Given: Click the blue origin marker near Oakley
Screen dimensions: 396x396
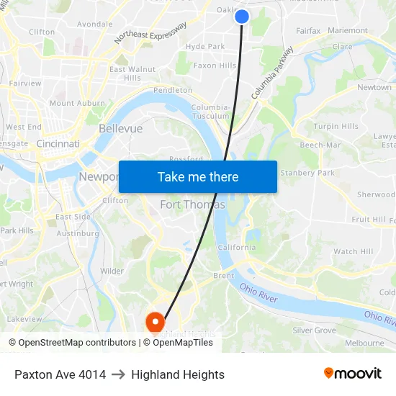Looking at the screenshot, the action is (x=242, y=16).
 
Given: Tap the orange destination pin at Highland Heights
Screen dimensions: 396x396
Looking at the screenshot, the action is (x=155, y=321).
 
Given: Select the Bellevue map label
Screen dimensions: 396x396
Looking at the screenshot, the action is (x=120, y=128).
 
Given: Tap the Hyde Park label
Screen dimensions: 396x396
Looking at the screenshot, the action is (x=205, y=46).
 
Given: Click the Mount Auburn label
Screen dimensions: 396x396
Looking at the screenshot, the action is (x=77, y=103).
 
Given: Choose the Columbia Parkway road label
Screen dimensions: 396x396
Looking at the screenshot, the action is (x=273, y=73).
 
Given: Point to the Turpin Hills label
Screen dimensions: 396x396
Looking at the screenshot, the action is (x=336, y=127).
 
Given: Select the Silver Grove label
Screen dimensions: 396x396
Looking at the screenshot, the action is (x=314, y=330).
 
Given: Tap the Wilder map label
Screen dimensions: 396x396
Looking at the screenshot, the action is (x=112, y=271).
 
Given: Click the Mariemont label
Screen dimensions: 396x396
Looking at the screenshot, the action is (x=347, y=30).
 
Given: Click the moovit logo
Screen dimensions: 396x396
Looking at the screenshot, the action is (x=353, y=374).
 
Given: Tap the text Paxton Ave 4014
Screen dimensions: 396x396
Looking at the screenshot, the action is (x=60, y=374).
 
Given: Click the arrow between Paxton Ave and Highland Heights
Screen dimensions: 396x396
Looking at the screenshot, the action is (x=118, y=374).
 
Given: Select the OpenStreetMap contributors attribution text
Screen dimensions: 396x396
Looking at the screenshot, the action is (x=75, y=343).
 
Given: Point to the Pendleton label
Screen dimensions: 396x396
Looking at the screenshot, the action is (x=173, y=90).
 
